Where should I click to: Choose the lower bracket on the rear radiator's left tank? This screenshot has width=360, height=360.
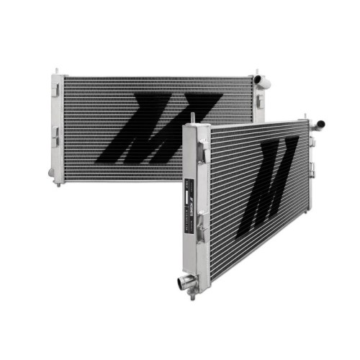point(55,135)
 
